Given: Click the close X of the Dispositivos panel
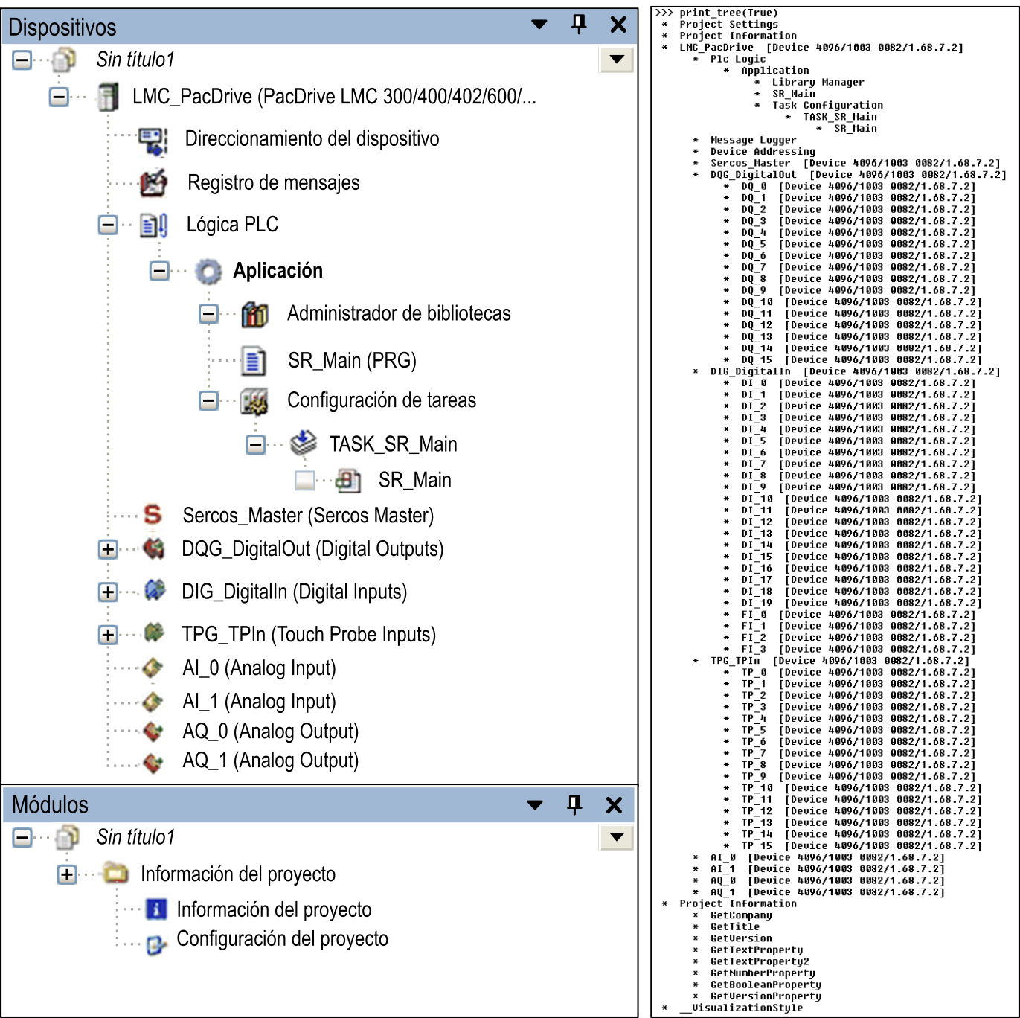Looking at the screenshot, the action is (618, 25).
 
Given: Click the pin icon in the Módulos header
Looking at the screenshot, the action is (574, 804).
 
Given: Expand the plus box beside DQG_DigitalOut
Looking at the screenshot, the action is (108, 549).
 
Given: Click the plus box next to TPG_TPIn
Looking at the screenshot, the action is (108, 634).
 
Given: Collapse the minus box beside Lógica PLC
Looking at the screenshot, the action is (108, 225).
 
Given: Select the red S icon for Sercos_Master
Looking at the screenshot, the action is (153, 514).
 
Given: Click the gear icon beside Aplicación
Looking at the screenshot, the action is (208, 271).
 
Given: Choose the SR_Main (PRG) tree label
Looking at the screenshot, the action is (352, 360).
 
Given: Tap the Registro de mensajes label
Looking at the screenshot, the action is (274, 182).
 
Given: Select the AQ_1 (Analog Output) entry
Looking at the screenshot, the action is (271, 760).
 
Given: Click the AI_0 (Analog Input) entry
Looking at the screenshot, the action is (260, 668).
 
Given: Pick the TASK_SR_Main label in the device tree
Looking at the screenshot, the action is (394, 444).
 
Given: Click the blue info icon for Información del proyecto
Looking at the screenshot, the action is (156, 909).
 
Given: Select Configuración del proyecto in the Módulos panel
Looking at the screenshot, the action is (282, 938).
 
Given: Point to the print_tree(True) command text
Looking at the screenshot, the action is (729, 13).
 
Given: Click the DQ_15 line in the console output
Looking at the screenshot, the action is (862, 359).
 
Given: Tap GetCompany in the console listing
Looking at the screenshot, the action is (741, 915).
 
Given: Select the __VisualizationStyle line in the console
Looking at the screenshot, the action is (741, 1008).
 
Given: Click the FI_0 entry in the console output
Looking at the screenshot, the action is (858, 615).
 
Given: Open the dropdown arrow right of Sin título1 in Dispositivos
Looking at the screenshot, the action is (617, 60).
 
